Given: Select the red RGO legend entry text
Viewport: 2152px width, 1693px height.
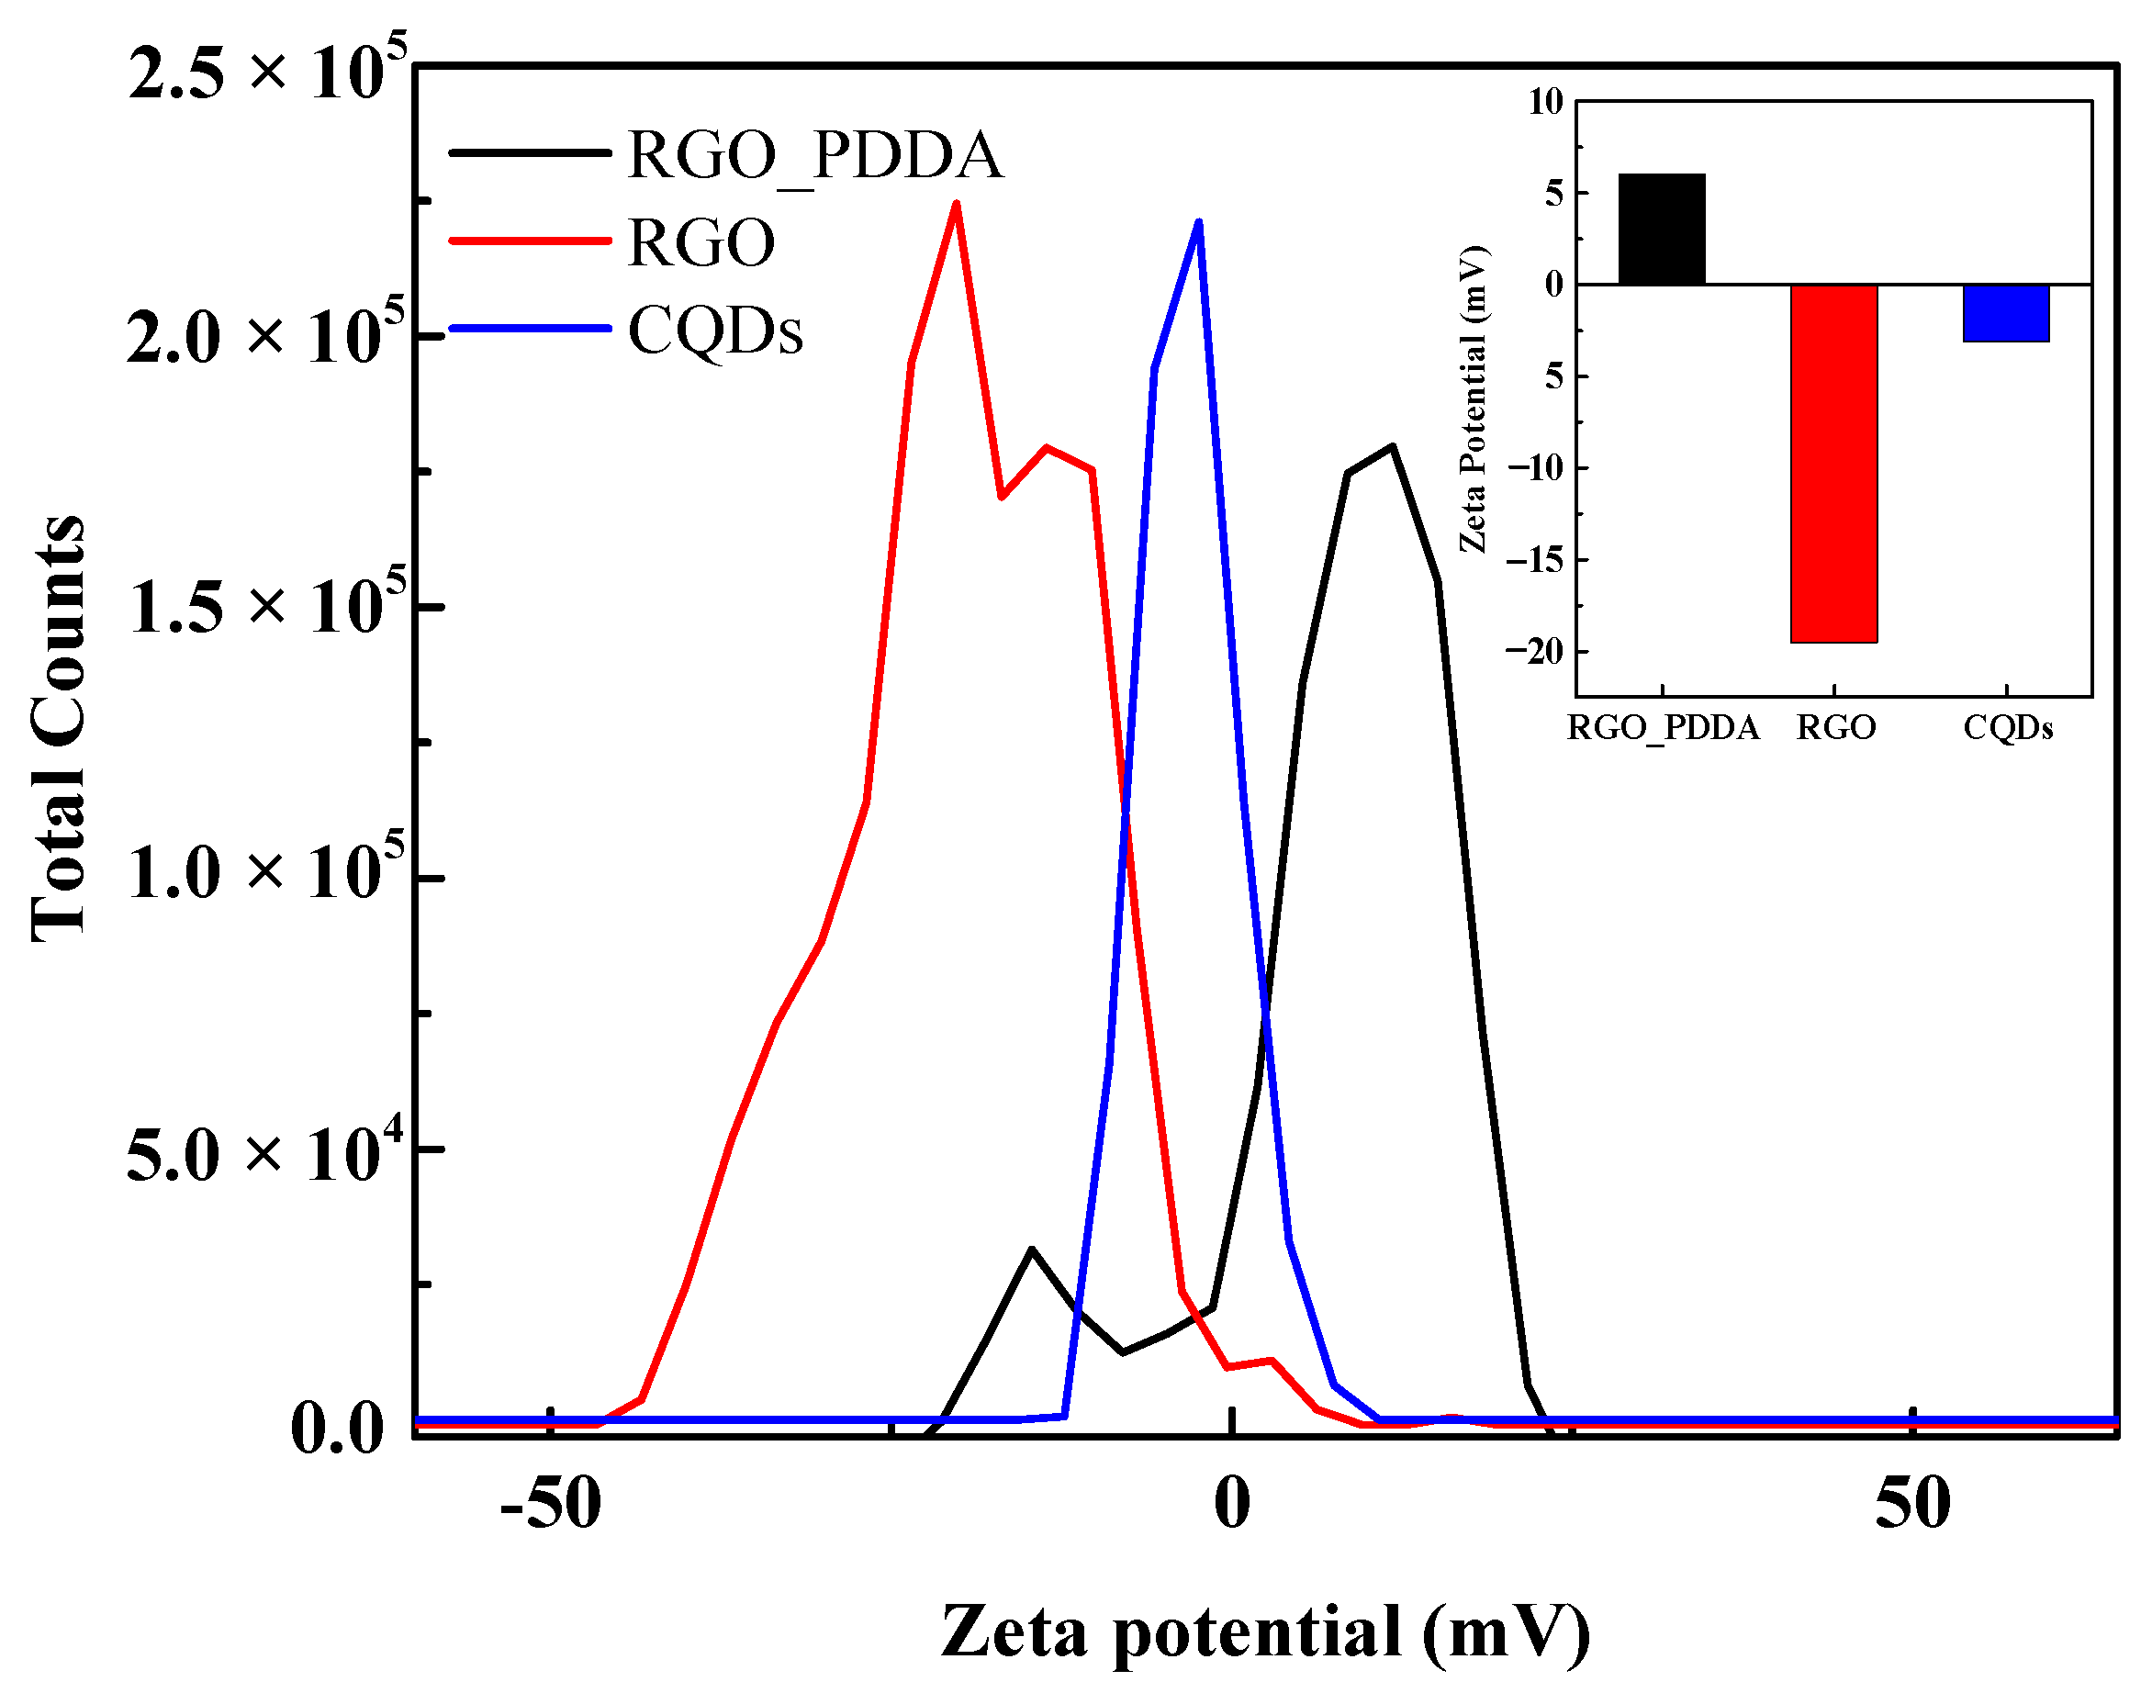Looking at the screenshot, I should tap(701, 243).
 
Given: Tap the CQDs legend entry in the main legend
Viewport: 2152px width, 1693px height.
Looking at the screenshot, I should tap(714, 331).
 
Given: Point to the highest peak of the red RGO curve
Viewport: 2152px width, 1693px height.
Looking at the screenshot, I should tap(956, 204).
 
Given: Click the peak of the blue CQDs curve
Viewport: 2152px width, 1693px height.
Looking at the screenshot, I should tap(1198, 222).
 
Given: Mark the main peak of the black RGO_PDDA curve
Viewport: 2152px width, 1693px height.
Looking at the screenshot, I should tap(1392, 447).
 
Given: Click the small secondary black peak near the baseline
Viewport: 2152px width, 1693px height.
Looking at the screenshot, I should tap(1032, 1250).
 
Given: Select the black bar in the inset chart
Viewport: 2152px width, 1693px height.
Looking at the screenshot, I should tap(1662, 229).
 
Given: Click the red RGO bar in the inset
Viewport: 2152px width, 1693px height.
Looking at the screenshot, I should tap(1833, 463).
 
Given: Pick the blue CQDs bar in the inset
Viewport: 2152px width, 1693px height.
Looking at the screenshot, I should tap(2005, 313).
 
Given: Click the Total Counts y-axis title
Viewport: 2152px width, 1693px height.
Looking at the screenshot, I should tap(58, 729).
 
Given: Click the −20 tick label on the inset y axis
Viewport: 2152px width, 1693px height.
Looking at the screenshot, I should tap(1533, 651).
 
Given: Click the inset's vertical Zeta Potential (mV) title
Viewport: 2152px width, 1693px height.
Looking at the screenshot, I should tap(1473, 398).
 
